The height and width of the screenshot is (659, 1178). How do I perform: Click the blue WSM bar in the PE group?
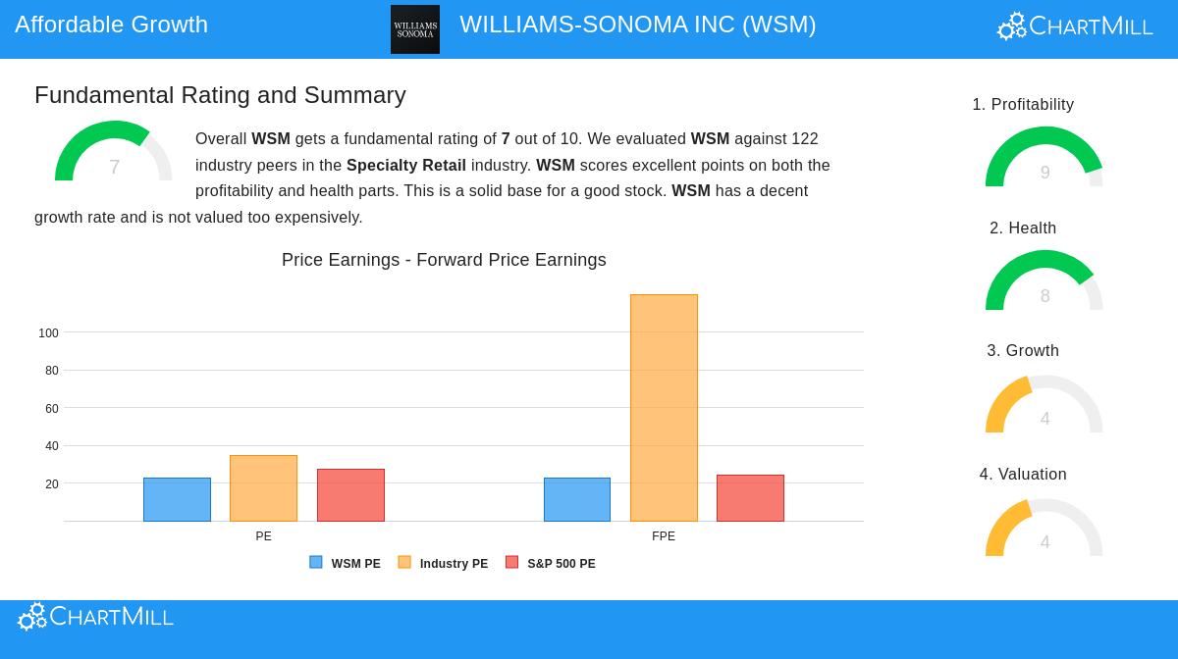click(x=177, y=499)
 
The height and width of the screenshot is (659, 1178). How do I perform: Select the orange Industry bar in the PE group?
click(x=263, y=488)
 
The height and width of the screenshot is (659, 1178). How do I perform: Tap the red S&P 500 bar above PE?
click(x=350, y=495)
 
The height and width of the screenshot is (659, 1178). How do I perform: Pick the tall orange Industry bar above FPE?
click(x=664, y=408)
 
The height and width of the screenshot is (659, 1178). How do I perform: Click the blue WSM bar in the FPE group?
click(x=577, y=499)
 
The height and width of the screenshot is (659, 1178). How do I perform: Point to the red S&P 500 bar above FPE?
click(x=750, y=498)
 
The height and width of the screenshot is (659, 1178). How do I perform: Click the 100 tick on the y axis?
click(x=48, y=333)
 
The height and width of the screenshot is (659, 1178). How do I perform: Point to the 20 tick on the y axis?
click(x=51, y=484)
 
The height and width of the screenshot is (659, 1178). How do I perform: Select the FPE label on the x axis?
click(x=664, y=536)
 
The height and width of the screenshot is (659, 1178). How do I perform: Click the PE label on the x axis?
click(x=263, y=536)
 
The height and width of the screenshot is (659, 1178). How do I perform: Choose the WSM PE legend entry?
click(x=346, y=563)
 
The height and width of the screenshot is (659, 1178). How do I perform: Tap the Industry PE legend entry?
click(x=443, y=563)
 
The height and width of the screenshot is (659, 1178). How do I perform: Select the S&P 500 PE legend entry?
click(x=551, y=563)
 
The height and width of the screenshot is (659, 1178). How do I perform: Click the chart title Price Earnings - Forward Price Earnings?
click(x=444, y=260)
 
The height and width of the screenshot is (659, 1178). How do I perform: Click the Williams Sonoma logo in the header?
click(x=415, y=29)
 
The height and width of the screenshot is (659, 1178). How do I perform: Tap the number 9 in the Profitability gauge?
click(x=1044, y=173)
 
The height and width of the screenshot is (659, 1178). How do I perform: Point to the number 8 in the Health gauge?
click(x=1044, y=296)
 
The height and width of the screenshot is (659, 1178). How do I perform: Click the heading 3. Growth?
click(x=1023, y=350)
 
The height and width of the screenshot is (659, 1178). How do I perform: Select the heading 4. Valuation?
click(x=1023, y=474)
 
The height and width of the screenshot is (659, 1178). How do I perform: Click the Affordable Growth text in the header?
click(x=111, y=25)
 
